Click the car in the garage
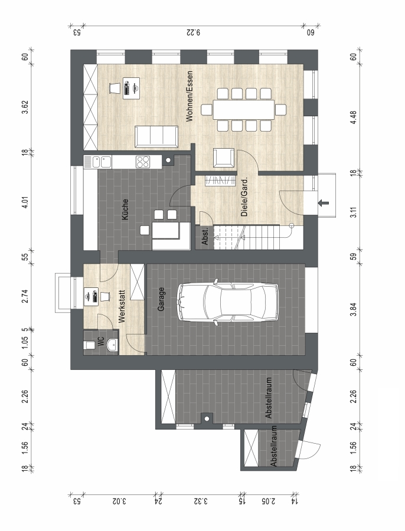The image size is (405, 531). pyautogui.click(x=228, y=303)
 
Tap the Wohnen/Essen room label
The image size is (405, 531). pyautogui.click(x=189, y=96)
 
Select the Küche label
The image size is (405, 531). pyautogui.click(x=125, y=209)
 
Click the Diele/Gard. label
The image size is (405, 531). pyautogui.click(x=244, y=196)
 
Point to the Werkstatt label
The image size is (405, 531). pyautogui.click(x=122, y=306)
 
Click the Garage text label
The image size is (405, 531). pyautogui.click(x=161, y=299)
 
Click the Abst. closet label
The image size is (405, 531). pyautogui.click(x=205, y=237)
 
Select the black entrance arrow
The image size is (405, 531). pyautogui.click(x=324, y=203)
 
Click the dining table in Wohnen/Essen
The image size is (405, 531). pyautogui.click(x=243, y=109)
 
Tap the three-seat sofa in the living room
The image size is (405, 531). pyautogui.click(x=156, y=136)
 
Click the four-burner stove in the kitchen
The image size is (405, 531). pyautogui.click(x=143, y=162)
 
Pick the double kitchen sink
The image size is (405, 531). pyautogui.click(x=102, y=162)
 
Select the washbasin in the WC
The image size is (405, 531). pyautogui.click(x=112, y=345)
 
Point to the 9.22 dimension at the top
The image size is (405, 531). pyautogui.click(x=194, y=33)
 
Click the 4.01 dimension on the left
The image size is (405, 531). pyautogui.click(x=25, y=202)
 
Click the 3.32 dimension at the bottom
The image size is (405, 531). pyautogui.click(x=201, y=501)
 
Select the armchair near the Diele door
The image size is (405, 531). pyautogui.click(x=223, y=158)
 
